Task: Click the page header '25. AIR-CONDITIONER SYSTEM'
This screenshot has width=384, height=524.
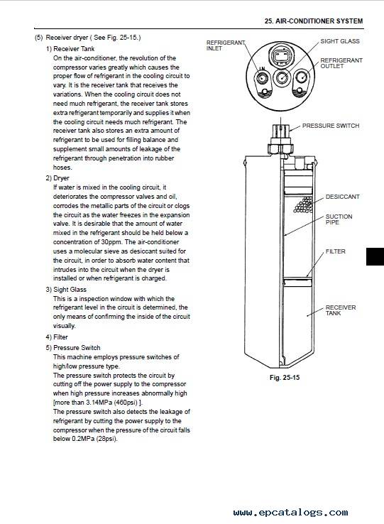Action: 314,21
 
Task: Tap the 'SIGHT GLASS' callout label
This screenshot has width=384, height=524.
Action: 340,41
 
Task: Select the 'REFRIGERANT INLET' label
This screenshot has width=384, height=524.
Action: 226,45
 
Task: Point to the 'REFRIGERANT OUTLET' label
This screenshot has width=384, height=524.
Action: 341,63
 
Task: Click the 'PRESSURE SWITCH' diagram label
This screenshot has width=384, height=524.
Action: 331,126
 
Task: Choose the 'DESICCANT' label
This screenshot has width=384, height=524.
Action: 343,197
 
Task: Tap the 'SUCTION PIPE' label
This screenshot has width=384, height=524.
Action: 339,219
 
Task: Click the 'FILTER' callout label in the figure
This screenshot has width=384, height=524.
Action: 336,251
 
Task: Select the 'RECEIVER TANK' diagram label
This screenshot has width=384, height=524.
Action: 341,310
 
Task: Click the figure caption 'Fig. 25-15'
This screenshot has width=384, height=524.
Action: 285,378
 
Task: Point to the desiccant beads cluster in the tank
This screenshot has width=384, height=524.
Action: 303,204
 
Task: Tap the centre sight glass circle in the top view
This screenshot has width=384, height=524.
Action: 281,77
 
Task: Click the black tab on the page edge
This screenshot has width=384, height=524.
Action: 375,256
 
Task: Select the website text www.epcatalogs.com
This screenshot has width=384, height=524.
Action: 291,513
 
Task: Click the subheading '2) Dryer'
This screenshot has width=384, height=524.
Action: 57,178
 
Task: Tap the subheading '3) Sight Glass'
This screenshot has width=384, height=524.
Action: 66,290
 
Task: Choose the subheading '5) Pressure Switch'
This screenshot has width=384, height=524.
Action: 73,347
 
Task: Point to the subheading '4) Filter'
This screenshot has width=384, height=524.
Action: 57,337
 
